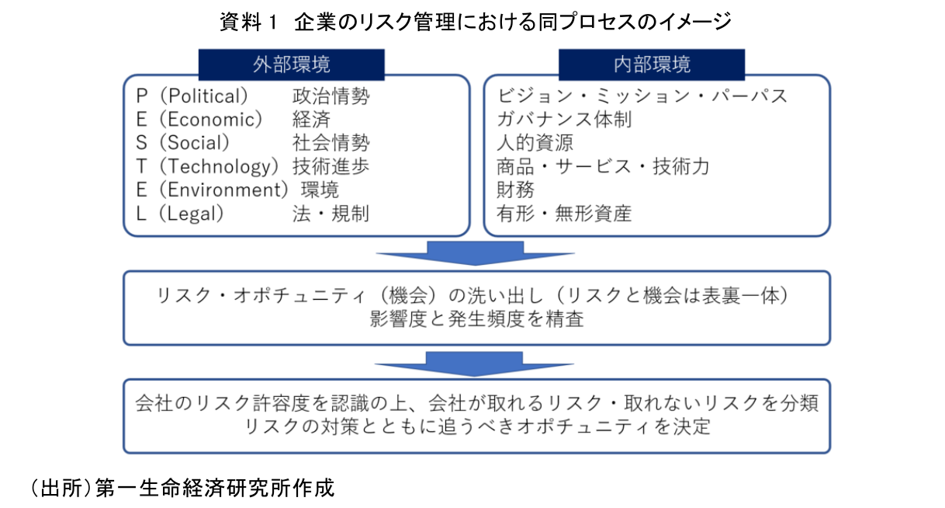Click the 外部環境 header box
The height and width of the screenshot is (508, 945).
pyautogui.click(x=291, y=64)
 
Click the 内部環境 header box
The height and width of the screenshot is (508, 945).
pyautogui.click(x=652, y=64)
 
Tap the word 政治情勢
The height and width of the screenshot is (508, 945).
pyautogui.click(x=331, y=96)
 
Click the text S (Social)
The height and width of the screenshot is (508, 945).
pyautogui.click(x=183, y=143)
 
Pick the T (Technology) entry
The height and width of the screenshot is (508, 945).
pyautogui.click(x=207, y=166)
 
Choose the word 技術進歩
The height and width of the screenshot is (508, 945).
pyautogui.click(x=331, y=166)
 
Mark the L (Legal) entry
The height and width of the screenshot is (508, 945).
pyautogui.click(x=180, y=214)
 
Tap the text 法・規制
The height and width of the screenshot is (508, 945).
pyautogui.click(x=331, y=214)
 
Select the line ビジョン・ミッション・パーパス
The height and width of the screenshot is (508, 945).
pyautogui.click(x=642, y=96)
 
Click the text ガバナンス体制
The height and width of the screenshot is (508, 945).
pyautogui.click(x=564, y=120)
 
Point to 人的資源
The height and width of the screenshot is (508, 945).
pyautogui.click(x=535, y=143)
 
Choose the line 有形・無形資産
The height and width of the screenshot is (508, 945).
pyautogui.click(x=564, y=214)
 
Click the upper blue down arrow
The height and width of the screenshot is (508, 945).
pyautogui.click(x=474, y=252)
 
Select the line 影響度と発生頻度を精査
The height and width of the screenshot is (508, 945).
pyautogui.click(x=476, y=319)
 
